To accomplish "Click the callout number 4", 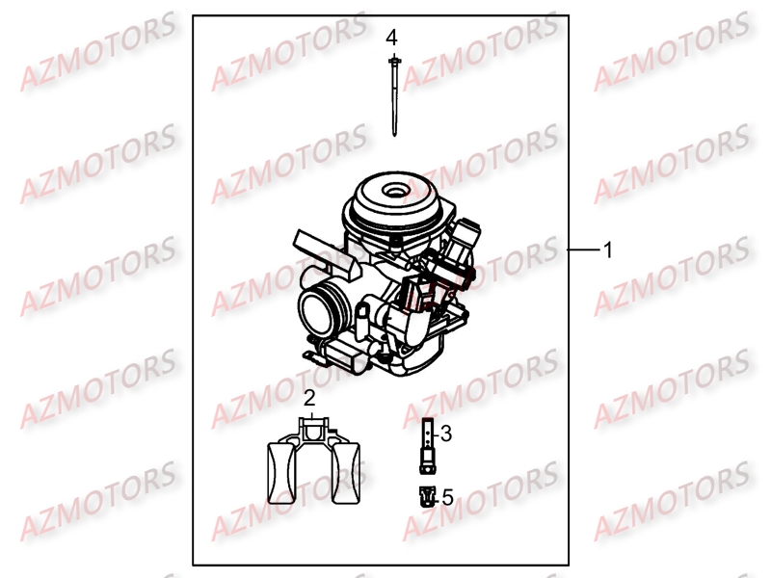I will pyautogui.click(x=391, y=38).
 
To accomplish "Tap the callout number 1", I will pyautogui.click(x=608, y=250).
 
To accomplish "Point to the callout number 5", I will pyautogui.click(x=446, y=497).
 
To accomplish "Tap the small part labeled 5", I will pyautogui.click(x=424, y=497).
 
